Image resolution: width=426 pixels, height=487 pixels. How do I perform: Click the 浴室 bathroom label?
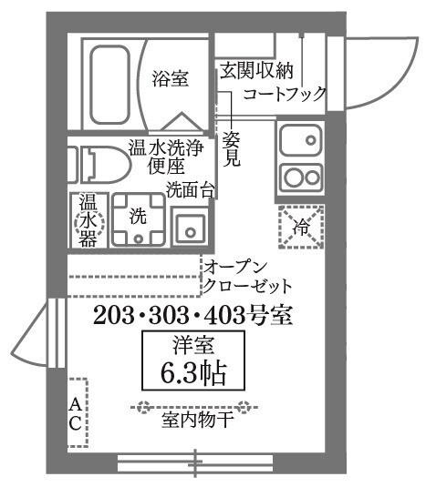[x=171, y=80]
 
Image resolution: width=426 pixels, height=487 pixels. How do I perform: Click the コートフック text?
[x=284, y=92]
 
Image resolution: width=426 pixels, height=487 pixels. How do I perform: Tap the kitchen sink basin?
[x=301, y=142]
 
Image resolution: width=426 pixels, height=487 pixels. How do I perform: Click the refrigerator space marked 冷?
[x=301, y=224]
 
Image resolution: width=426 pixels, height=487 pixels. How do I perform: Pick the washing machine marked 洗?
[x=137, y=218]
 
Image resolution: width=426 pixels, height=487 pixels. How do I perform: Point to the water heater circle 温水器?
[x=89, y=218]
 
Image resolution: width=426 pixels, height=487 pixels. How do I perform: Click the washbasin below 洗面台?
[x=190, y=228]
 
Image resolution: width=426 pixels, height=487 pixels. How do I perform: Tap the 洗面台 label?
[x=190, y=189]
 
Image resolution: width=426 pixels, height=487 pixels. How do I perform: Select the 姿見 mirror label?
[x=232, y=148]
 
